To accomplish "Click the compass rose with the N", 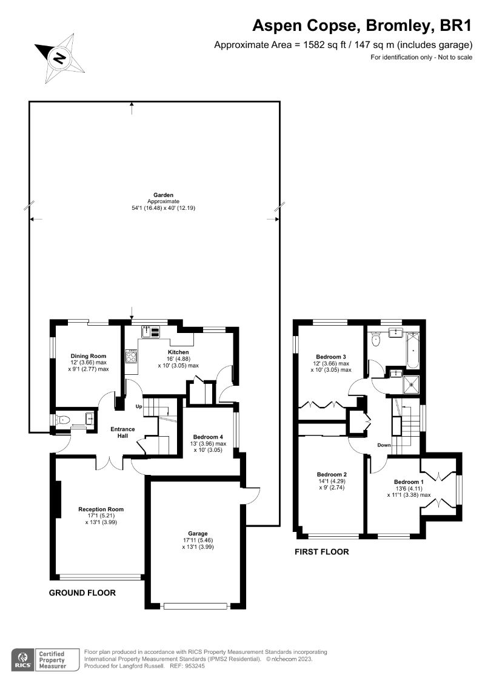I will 59,58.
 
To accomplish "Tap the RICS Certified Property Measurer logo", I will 45,659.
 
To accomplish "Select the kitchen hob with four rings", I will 132,356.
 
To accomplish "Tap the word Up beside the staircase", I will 139,406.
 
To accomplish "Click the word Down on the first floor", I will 384,445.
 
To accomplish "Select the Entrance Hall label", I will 122,432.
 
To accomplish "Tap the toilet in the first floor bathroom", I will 375,339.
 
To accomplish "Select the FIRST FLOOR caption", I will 321,552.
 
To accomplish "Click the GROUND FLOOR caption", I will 82,593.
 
